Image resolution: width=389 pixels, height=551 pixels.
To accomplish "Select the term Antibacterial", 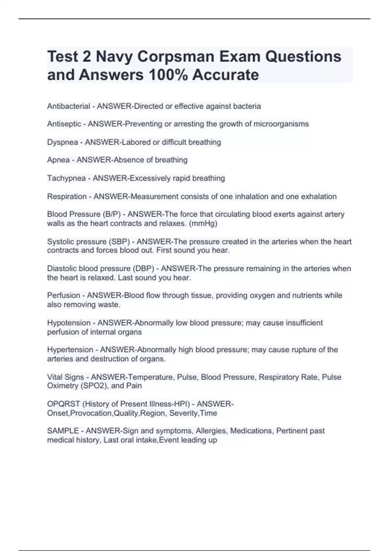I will pos(68,106).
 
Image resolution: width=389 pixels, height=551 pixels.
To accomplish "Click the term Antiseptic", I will pos(64,124).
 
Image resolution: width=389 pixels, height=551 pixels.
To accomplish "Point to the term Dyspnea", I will pos(63,142).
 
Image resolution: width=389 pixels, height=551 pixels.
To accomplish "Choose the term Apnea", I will pos(58,160).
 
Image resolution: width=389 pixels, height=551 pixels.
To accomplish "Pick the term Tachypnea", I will pos(66,178).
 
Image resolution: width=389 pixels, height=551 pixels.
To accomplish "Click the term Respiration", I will pos(67,196).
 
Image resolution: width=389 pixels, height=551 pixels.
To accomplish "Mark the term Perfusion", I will pos(64,296).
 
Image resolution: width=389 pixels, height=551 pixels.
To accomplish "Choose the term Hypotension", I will pos(69,323).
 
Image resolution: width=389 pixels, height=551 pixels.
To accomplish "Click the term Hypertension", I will pos(70,350).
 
